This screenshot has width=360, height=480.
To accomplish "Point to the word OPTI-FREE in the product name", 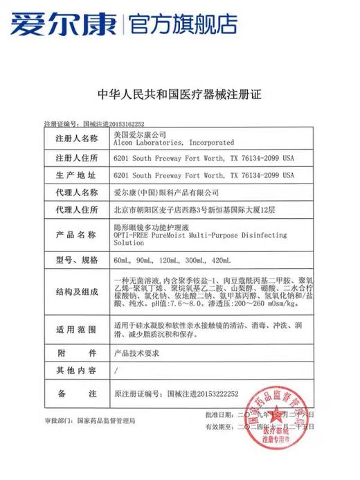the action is [129, 235].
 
